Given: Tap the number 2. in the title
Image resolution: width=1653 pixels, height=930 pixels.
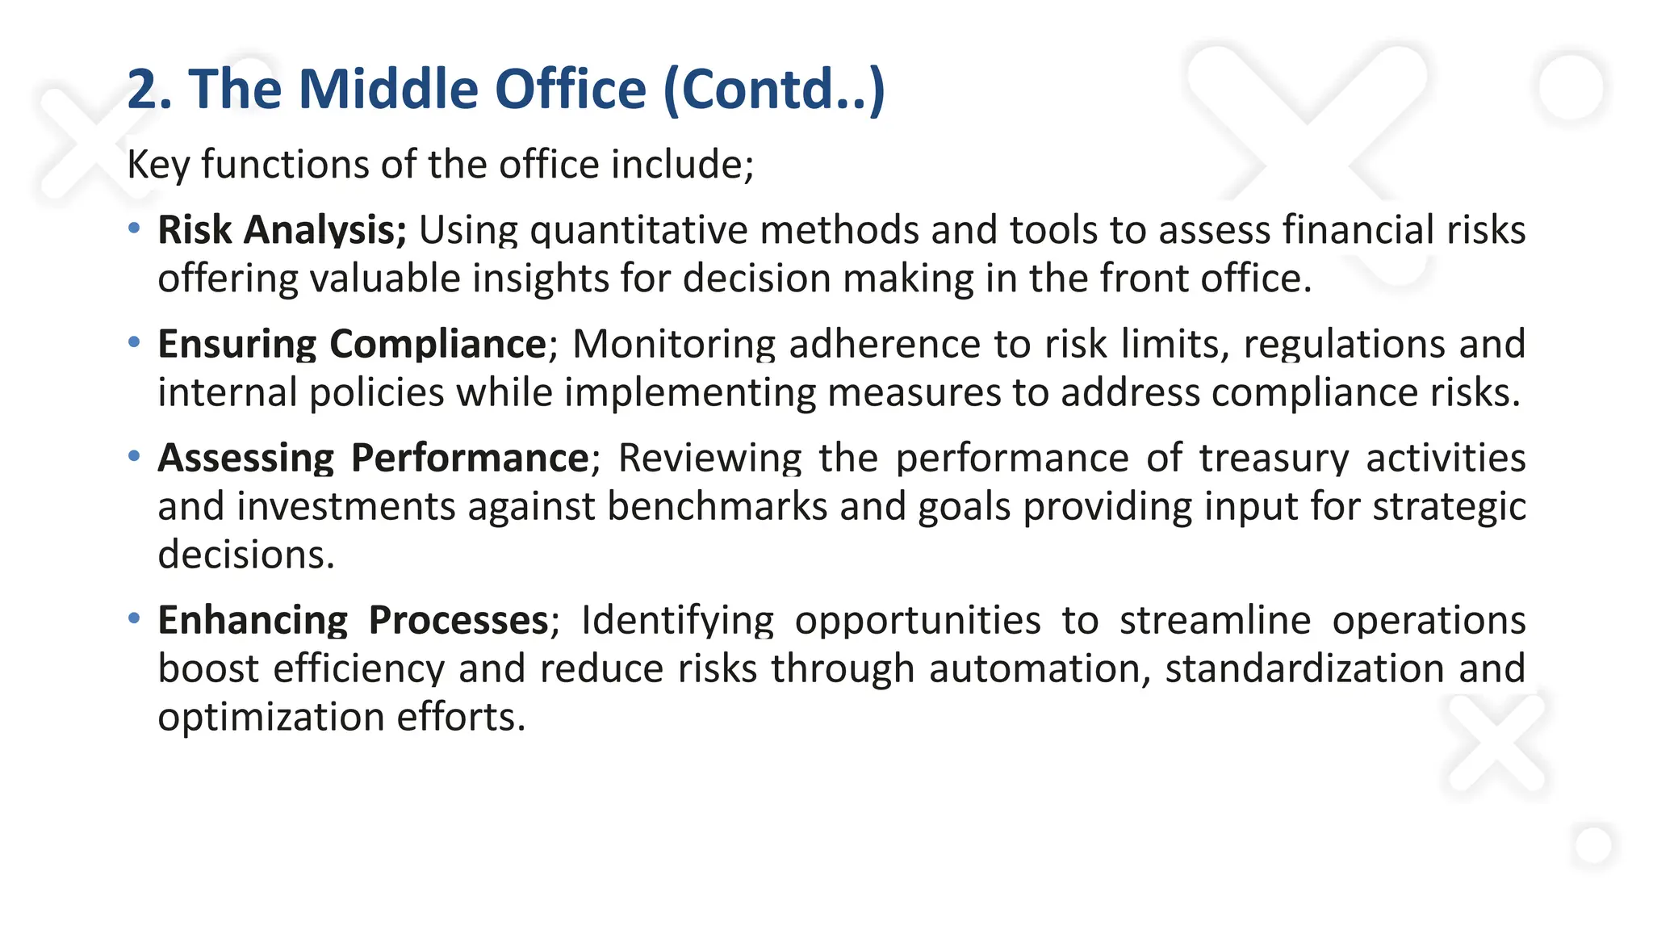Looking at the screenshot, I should click(149, 89).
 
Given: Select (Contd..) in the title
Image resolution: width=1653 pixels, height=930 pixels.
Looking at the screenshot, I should click(773, 89).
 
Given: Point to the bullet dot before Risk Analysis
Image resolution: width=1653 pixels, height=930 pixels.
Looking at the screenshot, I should click(134, 228).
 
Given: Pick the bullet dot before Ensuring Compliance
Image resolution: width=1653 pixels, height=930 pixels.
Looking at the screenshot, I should click(134, 342).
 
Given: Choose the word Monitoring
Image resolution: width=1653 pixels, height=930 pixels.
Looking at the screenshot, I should click(674, 345).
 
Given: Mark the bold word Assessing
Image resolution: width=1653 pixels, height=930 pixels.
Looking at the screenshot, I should click(245, 459).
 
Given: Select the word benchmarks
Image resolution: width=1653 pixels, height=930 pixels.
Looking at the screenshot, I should click(717, 507).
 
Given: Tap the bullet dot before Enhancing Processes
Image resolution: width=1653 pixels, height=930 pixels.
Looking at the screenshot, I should click(134, 618).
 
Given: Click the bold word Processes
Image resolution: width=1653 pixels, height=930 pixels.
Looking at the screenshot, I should click(458, 621).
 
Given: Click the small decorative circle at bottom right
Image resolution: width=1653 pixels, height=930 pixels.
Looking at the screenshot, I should click(1592, 846).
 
